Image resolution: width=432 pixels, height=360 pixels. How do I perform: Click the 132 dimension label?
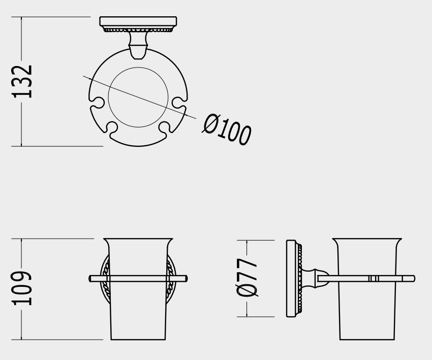coord(22,82)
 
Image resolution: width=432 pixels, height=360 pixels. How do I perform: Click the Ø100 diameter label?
coord(227,129)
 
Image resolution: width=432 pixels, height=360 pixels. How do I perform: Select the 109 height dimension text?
coord(21,288)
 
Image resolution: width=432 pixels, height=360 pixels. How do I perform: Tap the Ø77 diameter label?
coord(247,278)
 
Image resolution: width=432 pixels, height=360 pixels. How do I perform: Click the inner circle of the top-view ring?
coord(138,68)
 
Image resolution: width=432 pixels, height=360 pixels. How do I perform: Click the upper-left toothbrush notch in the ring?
coord(97,103)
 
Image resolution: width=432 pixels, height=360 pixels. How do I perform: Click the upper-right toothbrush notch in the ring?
coord(179,103)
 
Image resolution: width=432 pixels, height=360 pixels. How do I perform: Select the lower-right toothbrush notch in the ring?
coord(165,127)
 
